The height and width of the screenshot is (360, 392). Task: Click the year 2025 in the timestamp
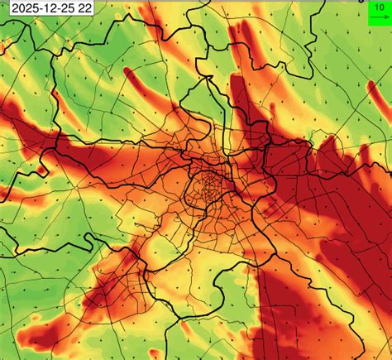point(22,8)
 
